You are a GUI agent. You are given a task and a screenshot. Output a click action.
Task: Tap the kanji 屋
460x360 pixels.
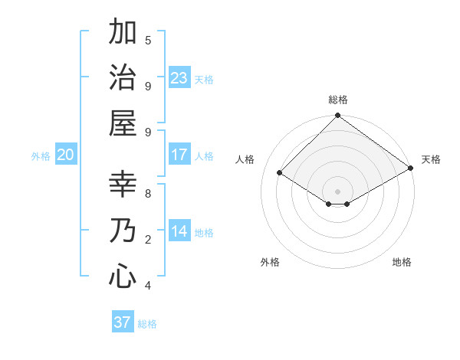point(123,122)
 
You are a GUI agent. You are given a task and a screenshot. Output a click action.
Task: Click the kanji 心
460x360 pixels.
point(123,275)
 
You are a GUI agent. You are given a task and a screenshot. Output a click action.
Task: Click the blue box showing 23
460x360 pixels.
point(179,77)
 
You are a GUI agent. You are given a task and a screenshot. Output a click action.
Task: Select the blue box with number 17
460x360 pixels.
point(179,155)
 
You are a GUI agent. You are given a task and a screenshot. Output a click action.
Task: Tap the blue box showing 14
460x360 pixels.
point(179,231)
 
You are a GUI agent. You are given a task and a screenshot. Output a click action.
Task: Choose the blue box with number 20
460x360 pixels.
point(66,155)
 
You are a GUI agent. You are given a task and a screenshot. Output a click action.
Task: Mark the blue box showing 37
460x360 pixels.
point(123,322)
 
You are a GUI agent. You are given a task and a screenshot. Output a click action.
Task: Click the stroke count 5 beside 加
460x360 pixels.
point(148,41)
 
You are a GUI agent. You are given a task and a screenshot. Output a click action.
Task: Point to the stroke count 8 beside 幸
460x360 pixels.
point(148,193)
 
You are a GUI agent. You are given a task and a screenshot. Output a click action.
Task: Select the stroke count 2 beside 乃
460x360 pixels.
point(148,240)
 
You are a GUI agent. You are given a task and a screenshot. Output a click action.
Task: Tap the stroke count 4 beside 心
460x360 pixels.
point(148,286)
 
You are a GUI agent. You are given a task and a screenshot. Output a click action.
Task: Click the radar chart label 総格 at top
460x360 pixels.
point(337,100)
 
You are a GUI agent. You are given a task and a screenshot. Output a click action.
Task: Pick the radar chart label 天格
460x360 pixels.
point(431,159)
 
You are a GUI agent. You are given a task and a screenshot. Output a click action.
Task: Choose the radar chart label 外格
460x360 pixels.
point(270,262)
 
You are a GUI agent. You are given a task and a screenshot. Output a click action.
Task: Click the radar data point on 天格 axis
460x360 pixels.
point(411,169)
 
